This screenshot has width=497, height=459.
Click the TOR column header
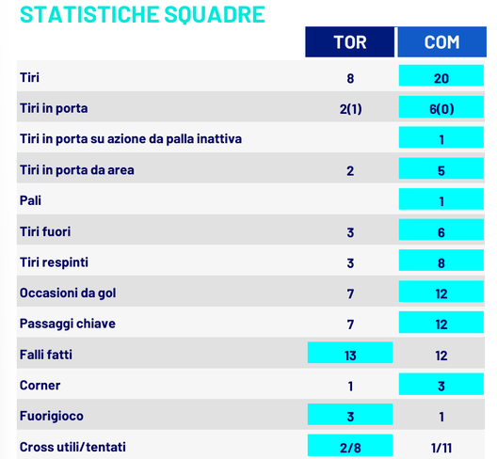tap(350, 42)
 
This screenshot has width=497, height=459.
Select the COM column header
tap(441, 42)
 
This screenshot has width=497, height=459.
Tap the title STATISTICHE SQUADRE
tap(142, 14)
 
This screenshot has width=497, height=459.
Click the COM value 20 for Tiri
tap(441, 78)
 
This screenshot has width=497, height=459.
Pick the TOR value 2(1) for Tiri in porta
tap(350, 109)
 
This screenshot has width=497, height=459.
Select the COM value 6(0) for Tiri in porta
tap(441, 109)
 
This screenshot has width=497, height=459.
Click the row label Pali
tap(31, 200)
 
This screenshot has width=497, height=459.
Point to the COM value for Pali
tap(441, 200)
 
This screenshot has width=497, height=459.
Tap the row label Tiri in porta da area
tap(76, 170)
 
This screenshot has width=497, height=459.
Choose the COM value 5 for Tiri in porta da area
tap(441, 170)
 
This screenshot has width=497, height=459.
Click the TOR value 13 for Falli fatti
tap(350, 355)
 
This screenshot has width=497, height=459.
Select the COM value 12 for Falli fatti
tap(441, 355)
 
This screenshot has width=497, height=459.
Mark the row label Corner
tap(40, 386)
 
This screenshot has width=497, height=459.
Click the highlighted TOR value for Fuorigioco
tap(350, 416)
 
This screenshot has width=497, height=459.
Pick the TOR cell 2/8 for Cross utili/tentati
tap(350, 447)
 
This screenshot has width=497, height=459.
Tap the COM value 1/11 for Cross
tap(441, 447)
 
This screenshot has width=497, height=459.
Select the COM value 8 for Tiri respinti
tap(441, 262)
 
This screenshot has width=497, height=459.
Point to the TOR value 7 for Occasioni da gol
tap(350, 293)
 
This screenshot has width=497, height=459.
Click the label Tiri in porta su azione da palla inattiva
tap(131, 139)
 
